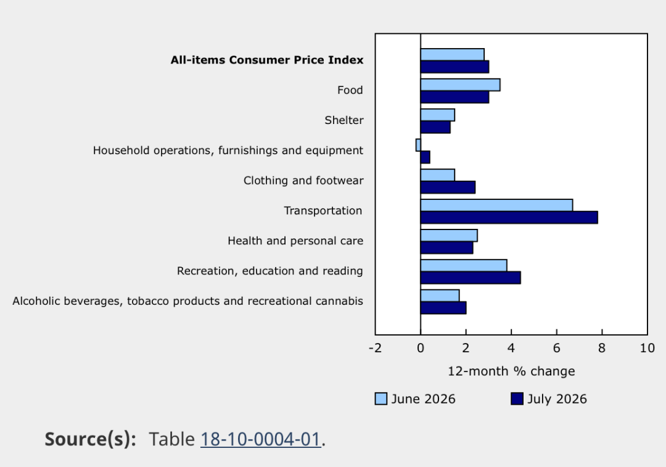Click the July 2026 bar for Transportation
509,218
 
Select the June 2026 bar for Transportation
496,205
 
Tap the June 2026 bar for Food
461,85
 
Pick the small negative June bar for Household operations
418,145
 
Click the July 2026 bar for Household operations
425,157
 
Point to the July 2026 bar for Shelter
435,127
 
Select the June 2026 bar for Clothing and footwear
437,175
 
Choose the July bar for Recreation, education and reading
471,278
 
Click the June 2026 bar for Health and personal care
449,236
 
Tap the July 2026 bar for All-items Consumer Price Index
454,67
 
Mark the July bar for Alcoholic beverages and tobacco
443,308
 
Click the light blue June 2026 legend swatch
381,399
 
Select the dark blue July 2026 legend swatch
517,399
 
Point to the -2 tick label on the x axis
375,349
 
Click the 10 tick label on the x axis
647,349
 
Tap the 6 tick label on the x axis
556,349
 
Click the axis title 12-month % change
511,371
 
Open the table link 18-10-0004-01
261,439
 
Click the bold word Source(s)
91,439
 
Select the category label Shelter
344,120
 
